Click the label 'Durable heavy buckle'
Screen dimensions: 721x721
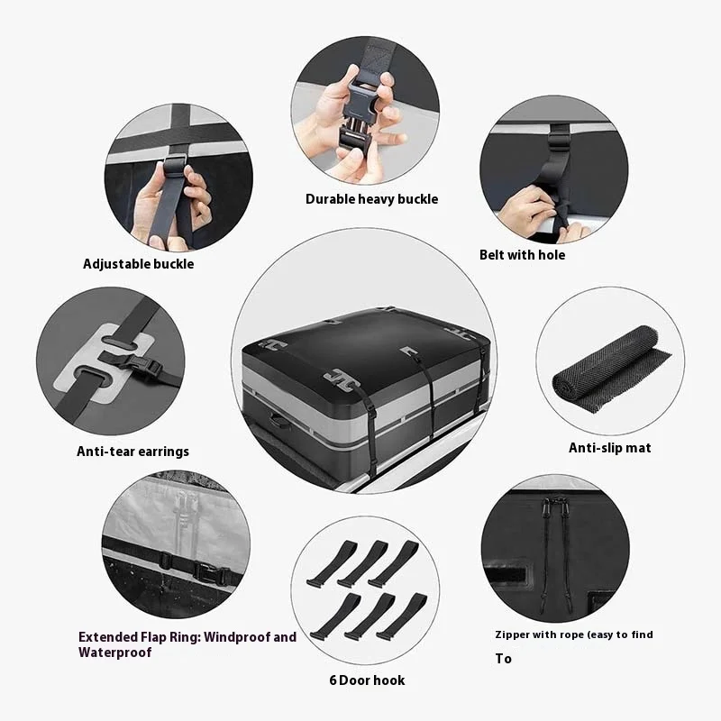tap(371, 199)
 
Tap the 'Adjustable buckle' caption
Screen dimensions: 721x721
tap(139, 264)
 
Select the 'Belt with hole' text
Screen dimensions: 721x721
tap(523, 255)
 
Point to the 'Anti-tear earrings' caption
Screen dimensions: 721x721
tap(132, 452)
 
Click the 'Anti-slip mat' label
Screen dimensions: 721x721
tap(610, 448)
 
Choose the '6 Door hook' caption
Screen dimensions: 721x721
tap(367, 680)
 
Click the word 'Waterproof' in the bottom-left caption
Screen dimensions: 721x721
tap(115, 653)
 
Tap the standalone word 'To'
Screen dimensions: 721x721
tap(504, 659)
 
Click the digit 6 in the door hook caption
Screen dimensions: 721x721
tap(333, 680)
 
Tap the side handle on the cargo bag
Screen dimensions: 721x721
tap(279, 420)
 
